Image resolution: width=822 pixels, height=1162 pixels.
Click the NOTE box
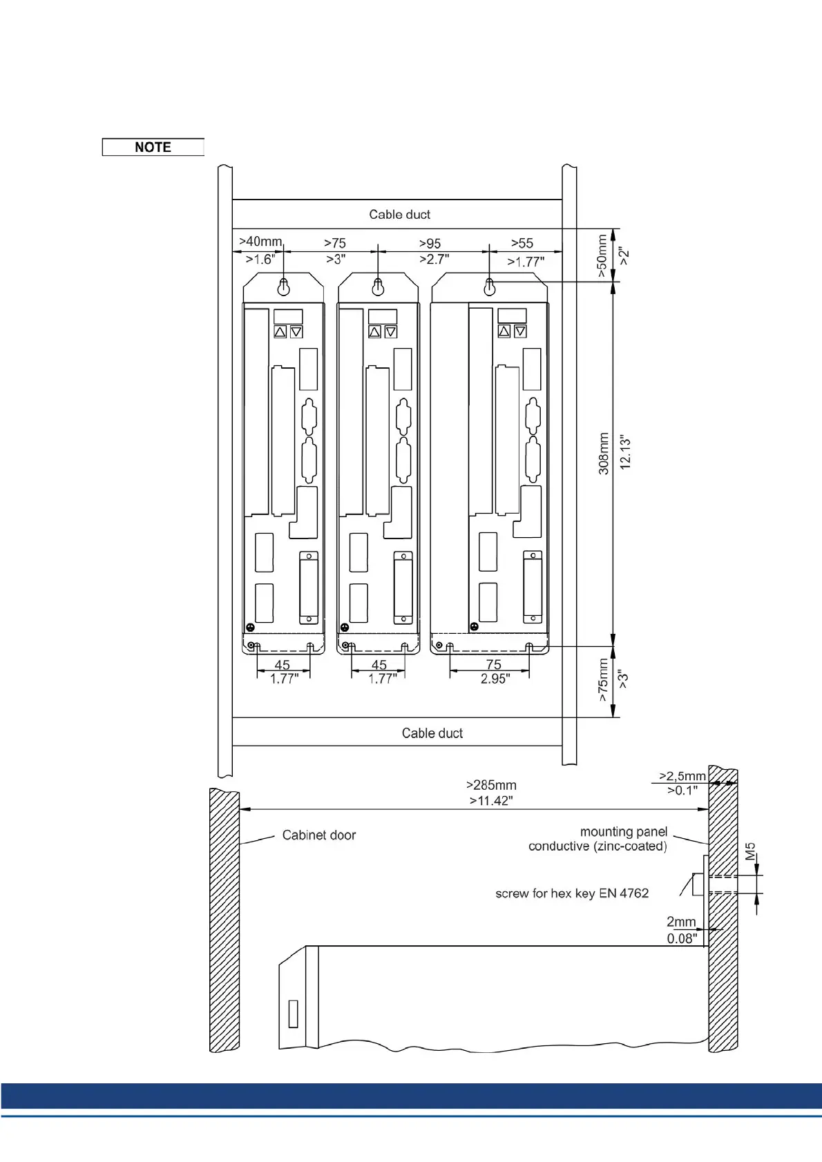pos(153,147)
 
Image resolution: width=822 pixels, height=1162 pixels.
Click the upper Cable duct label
pos(399,215)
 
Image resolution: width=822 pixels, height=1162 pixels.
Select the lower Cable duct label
pos(432,733)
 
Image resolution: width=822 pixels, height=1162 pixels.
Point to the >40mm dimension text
pos(260,242)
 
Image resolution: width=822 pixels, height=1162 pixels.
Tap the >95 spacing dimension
pos(430,244)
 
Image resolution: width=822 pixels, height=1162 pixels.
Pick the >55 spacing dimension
pos(522,243)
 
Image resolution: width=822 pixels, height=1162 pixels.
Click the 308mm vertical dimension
pos(604,454)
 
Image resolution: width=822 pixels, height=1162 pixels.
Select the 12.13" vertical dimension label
pos(625,453)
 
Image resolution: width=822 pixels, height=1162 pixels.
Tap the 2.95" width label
pos(495,679)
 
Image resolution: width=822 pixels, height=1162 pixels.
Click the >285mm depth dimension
pos(491,785)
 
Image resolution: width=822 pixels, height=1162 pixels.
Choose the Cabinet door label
pos(318,835)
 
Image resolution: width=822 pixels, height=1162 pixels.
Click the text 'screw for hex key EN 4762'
pos(572,893)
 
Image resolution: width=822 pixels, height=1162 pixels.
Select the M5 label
pos(751,851)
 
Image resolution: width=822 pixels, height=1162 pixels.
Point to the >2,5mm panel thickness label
pos(682,776)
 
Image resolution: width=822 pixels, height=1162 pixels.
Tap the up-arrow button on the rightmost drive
pos(504,331)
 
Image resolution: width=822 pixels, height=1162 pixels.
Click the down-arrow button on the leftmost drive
pos(296,332)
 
